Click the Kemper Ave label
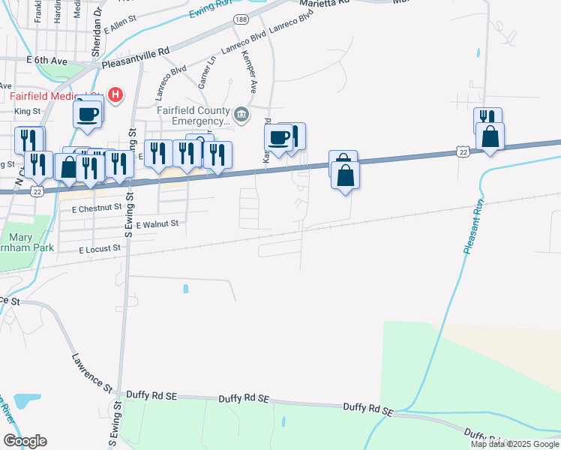(x=251, y=76)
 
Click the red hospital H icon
(x=115, y=94)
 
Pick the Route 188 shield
(x=239, y=19)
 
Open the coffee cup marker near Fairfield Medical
(x=87, y=115)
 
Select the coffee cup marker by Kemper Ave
(x=278, y=137)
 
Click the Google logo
(x=25, y=440)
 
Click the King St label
(x=27, y=112)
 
